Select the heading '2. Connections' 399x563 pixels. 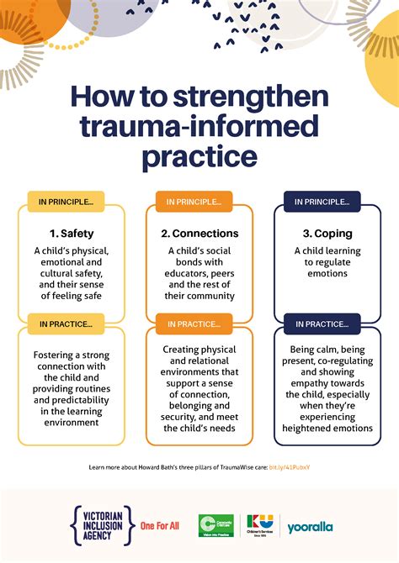pos(199,233)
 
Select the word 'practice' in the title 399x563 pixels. pos(199,156)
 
